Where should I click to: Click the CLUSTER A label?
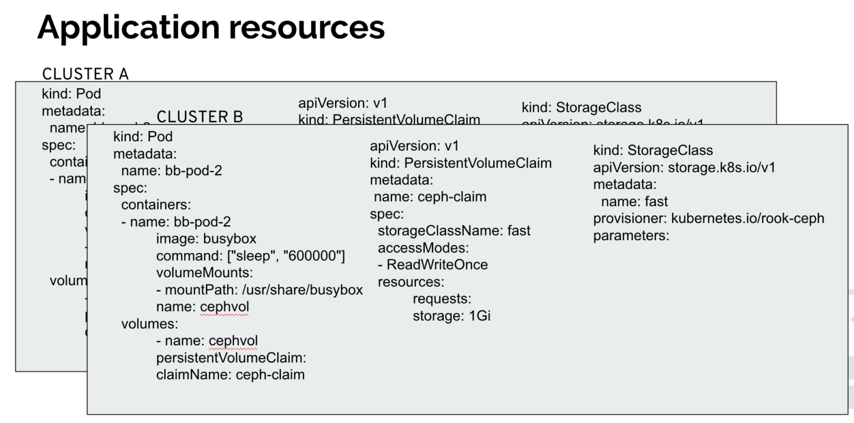point(85,74)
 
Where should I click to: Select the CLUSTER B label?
point(200,117)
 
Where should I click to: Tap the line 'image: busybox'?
point(206,239)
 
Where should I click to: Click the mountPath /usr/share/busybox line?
point(259,290)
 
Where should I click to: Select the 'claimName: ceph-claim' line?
point(230,374)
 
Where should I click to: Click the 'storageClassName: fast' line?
point(454,230)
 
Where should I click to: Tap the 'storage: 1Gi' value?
point(451,316)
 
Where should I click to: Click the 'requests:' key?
point(441,298)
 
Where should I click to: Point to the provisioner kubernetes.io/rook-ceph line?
point(708,218)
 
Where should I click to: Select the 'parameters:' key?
point(631,236)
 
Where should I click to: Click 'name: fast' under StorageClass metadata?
point(634,201)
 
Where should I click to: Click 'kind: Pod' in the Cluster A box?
point(71,94)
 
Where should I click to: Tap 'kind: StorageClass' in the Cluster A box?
point(581,107)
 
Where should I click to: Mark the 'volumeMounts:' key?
point(204,273)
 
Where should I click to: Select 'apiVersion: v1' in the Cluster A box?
point(342,103)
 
